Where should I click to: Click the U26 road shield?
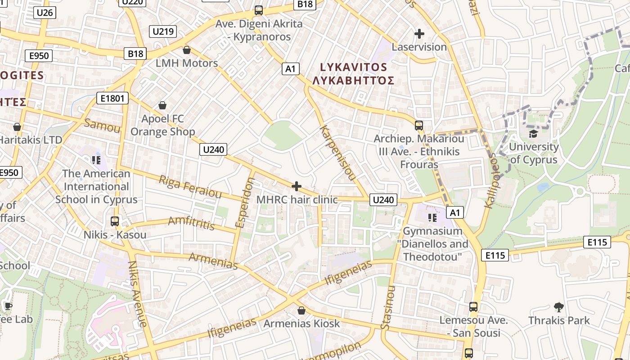pos(45,12)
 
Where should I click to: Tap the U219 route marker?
pos(163,31)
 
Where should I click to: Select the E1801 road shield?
pos(112,98)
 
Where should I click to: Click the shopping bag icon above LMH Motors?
pos(187,50)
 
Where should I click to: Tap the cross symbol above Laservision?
pos(419,34)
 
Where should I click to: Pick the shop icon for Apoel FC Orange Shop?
pos(162,106)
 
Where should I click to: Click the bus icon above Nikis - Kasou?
pos(115,221)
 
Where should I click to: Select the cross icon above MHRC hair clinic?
pos(297,186)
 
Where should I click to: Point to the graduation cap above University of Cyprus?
pos(533,134)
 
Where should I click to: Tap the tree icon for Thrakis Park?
pos(559,307)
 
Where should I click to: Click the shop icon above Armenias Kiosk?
pos(301,310)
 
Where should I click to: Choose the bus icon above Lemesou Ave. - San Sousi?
pos(473,307)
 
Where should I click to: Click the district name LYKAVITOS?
pos(353,67)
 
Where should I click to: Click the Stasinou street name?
pos(388,308)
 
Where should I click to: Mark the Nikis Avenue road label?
pos(138,293)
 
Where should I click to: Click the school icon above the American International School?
pos(96,160)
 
